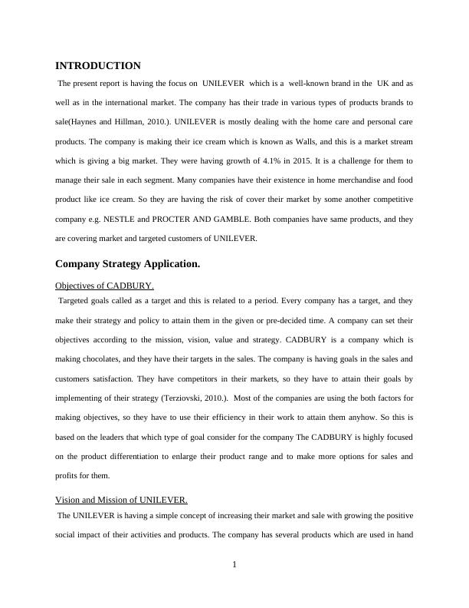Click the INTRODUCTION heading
(98, 66)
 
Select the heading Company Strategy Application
(128, 264)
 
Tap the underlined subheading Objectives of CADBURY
(105, 286)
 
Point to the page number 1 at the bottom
(235, 566)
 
